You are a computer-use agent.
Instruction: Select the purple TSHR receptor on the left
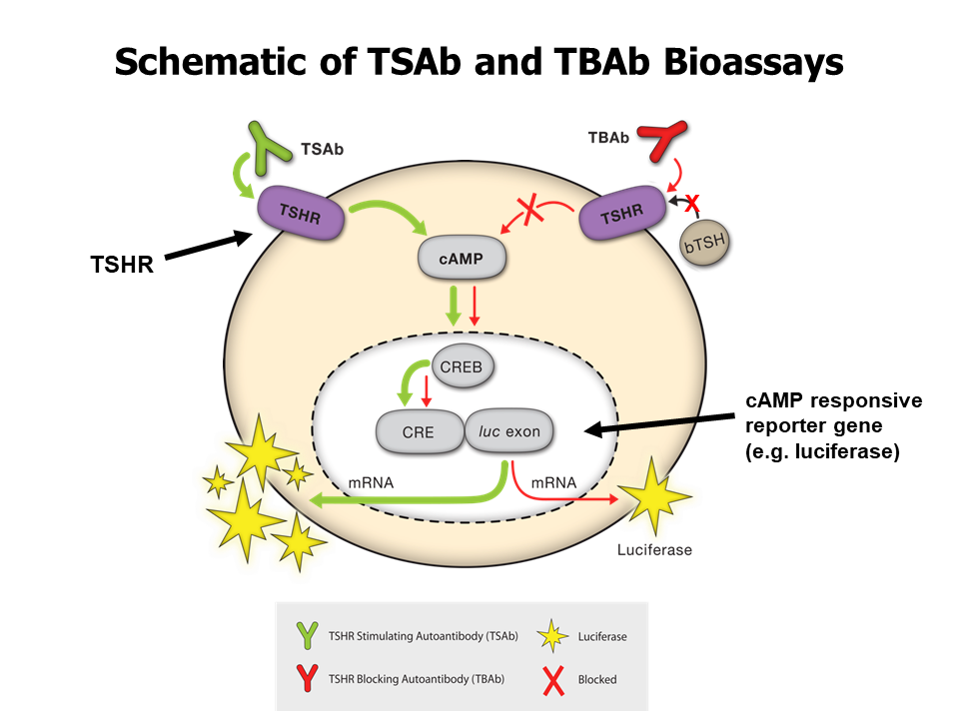(302, 212)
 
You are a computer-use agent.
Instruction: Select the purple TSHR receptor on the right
(623, 212)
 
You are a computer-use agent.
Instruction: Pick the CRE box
(420, 431)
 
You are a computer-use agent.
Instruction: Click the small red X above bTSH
(690, 202)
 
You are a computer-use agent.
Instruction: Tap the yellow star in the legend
(551, 635)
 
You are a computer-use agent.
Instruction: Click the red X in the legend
(551, 679)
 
